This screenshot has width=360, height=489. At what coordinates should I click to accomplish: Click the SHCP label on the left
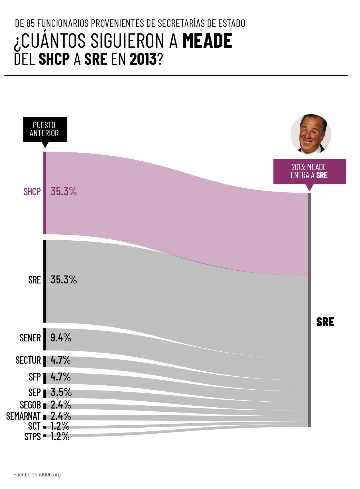[x=32, y=192]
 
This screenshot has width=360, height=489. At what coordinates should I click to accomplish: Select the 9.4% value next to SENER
[x=61, y=338]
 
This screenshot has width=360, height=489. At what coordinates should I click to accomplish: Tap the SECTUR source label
[x=28, y=360]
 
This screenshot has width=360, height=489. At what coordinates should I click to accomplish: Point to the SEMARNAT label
[x=23, y=416]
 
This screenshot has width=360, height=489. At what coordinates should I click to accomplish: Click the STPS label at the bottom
[x=33, y=436]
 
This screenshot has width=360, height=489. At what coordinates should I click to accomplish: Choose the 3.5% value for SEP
[x=61, y=393]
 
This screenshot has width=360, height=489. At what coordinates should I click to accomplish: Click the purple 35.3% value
[x=64, y=192]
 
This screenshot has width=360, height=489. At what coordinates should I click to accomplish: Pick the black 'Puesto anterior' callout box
[x=45, y=129]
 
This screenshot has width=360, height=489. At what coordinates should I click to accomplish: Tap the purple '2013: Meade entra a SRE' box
[x=309, y=171]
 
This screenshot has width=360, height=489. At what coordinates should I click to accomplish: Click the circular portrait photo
[x=311, y=134]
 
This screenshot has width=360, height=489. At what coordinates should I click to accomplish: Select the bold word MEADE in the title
[x=207, y=41]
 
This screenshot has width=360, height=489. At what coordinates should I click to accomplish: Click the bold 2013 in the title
[x=143, y=59]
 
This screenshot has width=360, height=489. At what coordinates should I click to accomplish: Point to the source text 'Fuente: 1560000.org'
[x=37, y=475]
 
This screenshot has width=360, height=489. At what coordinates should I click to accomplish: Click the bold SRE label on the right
[x=325, y=322]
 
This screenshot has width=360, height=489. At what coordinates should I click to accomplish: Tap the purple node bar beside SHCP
[x=45, y=193]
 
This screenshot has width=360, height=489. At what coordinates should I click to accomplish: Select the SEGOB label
[x=30, y=405]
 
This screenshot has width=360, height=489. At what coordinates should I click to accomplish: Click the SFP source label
[x=35, y=377]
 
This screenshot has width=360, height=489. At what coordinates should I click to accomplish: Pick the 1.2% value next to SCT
[x=60, y=426]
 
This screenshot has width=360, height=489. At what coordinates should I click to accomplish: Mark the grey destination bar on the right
[x=309, y=310]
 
